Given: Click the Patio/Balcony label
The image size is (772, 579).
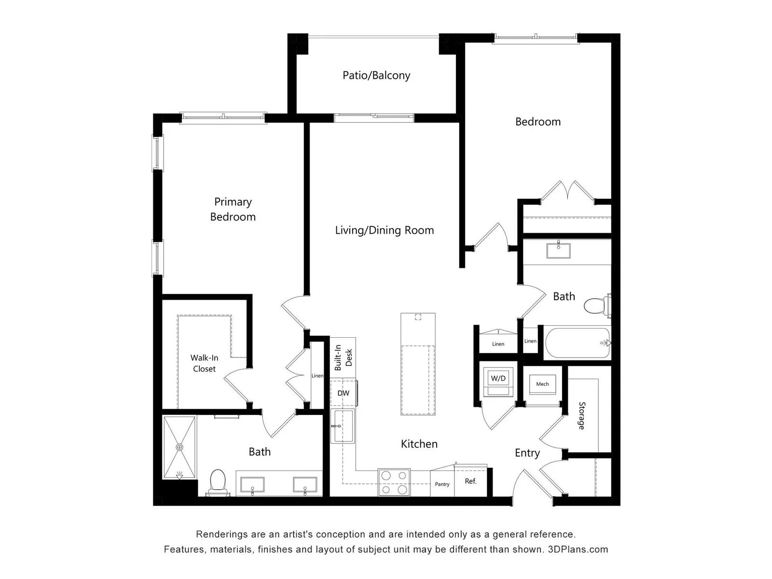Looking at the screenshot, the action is point(376,76).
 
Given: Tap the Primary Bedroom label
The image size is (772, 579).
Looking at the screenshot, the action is point(233,209).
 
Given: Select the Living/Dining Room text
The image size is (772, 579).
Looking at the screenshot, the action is point(385,230).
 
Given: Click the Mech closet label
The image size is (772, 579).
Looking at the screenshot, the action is point(542,384).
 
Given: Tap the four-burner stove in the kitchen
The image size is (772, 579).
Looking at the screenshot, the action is point(394,482).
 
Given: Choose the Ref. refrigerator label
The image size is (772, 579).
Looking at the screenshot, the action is point(470,481).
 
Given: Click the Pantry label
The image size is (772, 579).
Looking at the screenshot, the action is point(442,484).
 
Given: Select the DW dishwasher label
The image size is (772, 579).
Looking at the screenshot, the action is point(343,393).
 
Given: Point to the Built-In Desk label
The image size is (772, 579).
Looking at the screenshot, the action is point(343,357).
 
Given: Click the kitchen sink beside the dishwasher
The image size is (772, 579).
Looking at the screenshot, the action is point(343,426).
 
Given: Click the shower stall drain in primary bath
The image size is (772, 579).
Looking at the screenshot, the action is point(179,447).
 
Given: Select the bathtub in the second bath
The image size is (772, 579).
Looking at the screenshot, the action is point(578,343).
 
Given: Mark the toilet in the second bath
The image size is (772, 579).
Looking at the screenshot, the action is point(597,305).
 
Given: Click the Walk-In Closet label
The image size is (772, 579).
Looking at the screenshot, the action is point(205,363).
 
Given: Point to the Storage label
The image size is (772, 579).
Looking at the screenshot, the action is point(582,415).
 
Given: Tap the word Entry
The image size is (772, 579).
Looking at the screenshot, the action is point(527,453).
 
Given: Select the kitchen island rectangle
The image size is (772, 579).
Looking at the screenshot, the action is point(418,364).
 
